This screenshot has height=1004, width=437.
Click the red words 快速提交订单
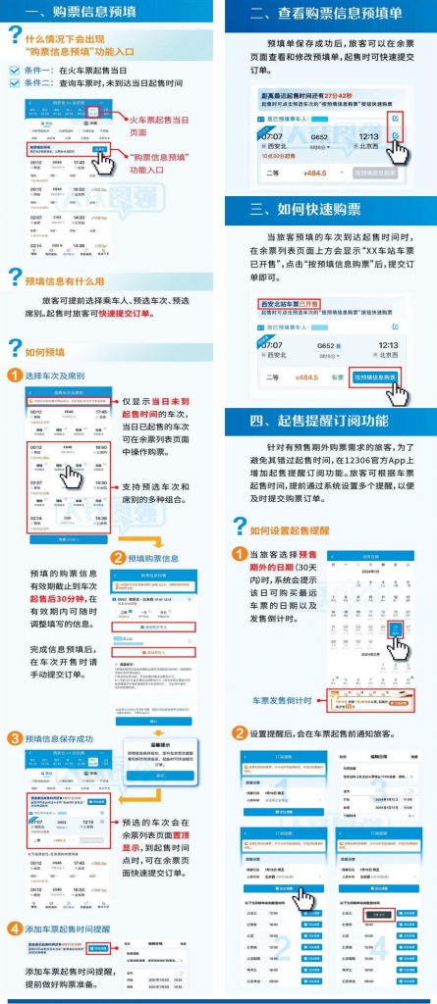pyautogui.click(x=127, y=314)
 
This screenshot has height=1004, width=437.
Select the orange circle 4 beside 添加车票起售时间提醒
pyautogui.click(x=14, y=929)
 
